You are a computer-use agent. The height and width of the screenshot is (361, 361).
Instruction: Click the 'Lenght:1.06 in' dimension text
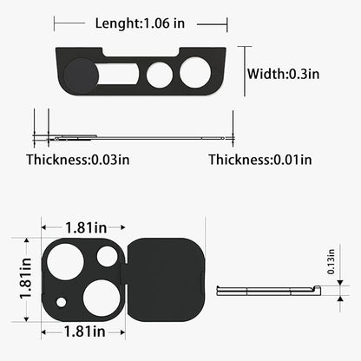pos(140,23)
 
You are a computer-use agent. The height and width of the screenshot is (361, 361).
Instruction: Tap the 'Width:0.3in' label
pos(283,74)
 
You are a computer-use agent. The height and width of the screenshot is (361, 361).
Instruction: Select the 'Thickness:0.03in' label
pos(78,160)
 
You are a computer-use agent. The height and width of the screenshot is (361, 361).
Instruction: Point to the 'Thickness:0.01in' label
pos(260,160)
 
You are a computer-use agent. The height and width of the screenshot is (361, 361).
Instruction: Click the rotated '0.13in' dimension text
pos(331,261)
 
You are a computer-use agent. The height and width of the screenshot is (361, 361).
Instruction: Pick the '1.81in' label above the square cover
pos(86,227)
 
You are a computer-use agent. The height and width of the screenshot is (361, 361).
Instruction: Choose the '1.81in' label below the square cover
pos(84,331)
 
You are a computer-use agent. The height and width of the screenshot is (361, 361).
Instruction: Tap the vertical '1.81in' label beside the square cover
pos(25,278)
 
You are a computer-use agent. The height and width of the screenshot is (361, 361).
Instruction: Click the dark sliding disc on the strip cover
pos(81,75)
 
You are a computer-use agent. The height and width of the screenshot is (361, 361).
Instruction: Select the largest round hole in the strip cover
pos(195,73)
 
